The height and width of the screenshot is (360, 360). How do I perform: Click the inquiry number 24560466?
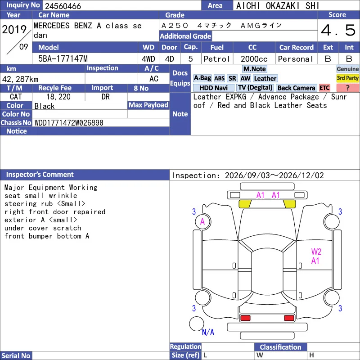point(63,6)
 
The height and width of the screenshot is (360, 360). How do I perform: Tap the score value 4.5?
point(338,30)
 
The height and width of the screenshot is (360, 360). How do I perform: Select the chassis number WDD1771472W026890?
point(69,123)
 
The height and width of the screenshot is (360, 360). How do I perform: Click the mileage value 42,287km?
point(20,79)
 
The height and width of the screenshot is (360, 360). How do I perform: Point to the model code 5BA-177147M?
point(63,59)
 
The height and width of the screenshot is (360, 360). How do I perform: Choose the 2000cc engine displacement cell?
point(254,59)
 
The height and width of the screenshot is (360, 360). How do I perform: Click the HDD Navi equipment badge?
point(213,88)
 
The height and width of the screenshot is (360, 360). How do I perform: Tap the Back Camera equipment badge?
point(296,88)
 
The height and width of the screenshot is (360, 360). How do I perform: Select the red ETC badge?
point(324,88)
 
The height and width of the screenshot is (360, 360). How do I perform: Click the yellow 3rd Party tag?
point(347,78)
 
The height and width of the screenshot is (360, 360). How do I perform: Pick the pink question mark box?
point(347,88)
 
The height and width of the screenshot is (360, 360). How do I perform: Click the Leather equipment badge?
point(265,78)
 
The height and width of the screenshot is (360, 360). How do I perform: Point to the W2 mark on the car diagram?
point(316,252)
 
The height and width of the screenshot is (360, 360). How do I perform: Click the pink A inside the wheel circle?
point(202,221)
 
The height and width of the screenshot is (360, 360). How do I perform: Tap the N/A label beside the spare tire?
point(208,332)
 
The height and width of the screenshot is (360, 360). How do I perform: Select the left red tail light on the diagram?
point(245,318)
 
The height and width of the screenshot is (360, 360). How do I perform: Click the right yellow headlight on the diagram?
point(289,204)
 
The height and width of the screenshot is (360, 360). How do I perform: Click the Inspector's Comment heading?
point(40,175)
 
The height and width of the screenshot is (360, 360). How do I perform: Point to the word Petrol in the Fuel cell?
point(216,59)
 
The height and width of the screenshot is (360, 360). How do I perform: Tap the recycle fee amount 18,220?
point(58,97)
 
